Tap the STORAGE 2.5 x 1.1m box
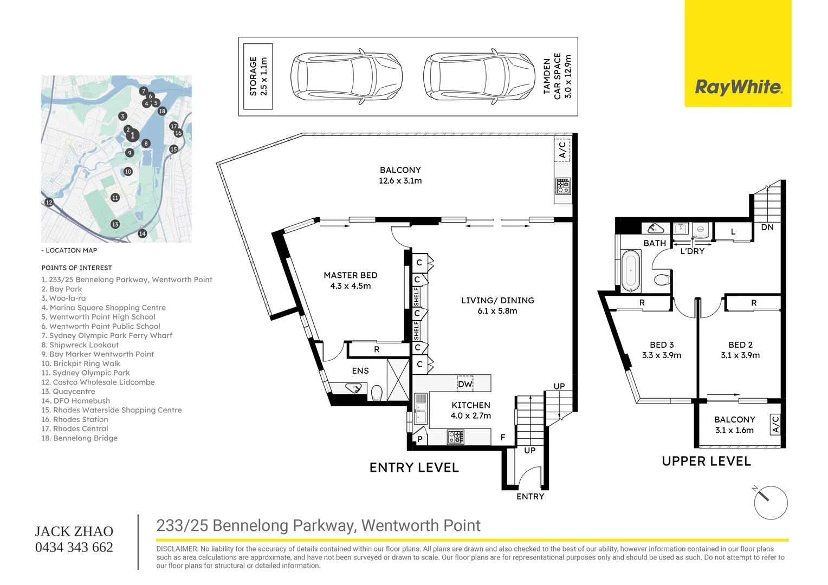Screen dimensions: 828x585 (x=258, y=76)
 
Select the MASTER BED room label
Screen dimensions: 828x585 (x=351, y=275)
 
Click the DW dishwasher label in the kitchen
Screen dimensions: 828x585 (x=465, y=384)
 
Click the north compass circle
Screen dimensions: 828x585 (x=771, y=503)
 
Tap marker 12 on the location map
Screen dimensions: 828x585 (x=49, y=202)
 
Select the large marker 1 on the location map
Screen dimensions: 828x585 (x=132, y=135)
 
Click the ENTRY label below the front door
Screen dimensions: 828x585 (x=530, y=496)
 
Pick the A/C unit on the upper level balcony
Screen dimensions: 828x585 (x=775, y=425)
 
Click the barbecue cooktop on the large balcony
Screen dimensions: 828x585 (x=563, y=186)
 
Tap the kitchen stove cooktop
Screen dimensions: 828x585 (x=455, y=437)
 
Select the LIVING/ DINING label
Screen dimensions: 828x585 (x=497, y=301)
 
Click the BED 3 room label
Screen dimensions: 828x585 (x=662, y=345)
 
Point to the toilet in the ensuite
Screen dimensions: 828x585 (x=377, y=393)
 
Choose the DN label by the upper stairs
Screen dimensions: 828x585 (x=767, y=227)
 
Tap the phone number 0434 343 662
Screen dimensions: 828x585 (x=74, y=547)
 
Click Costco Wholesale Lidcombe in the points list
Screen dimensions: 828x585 (x=98, y=382)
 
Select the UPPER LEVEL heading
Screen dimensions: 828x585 (x=707, y=461)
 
